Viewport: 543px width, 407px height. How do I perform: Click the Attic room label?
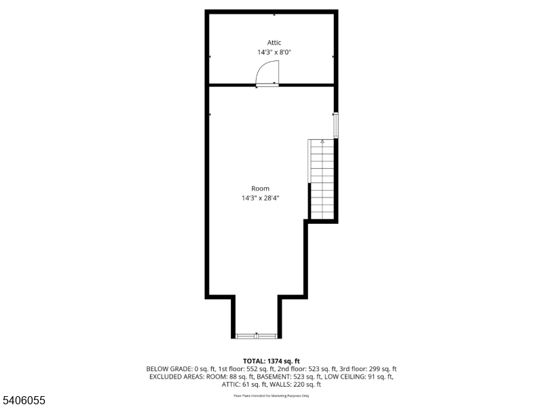tap(274, 42)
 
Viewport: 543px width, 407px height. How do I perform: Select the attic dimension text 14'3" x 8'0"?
tap(274, 52)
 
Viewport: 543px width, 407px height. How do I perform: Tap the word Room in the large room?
tap(260, 189)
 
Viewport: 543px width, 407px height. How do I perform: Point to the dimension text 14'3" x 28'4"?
tap(260, 198)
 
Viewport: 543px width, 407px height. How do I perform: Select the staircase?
tap(322, 180)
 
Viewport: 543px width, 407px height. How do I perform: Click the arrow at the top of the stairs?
tap(322, 141)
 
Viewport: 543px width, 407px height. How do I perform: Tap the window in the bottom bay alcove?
tap(256, 335)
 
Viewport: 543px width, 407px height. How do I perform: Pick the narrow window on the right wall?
tap(335, 125)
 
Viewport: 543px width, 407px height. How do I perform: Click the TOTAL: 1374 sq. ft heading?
tap(271, 361)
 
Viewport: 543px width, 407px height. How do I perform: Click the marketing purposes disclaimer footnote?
tap(271, 395)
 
